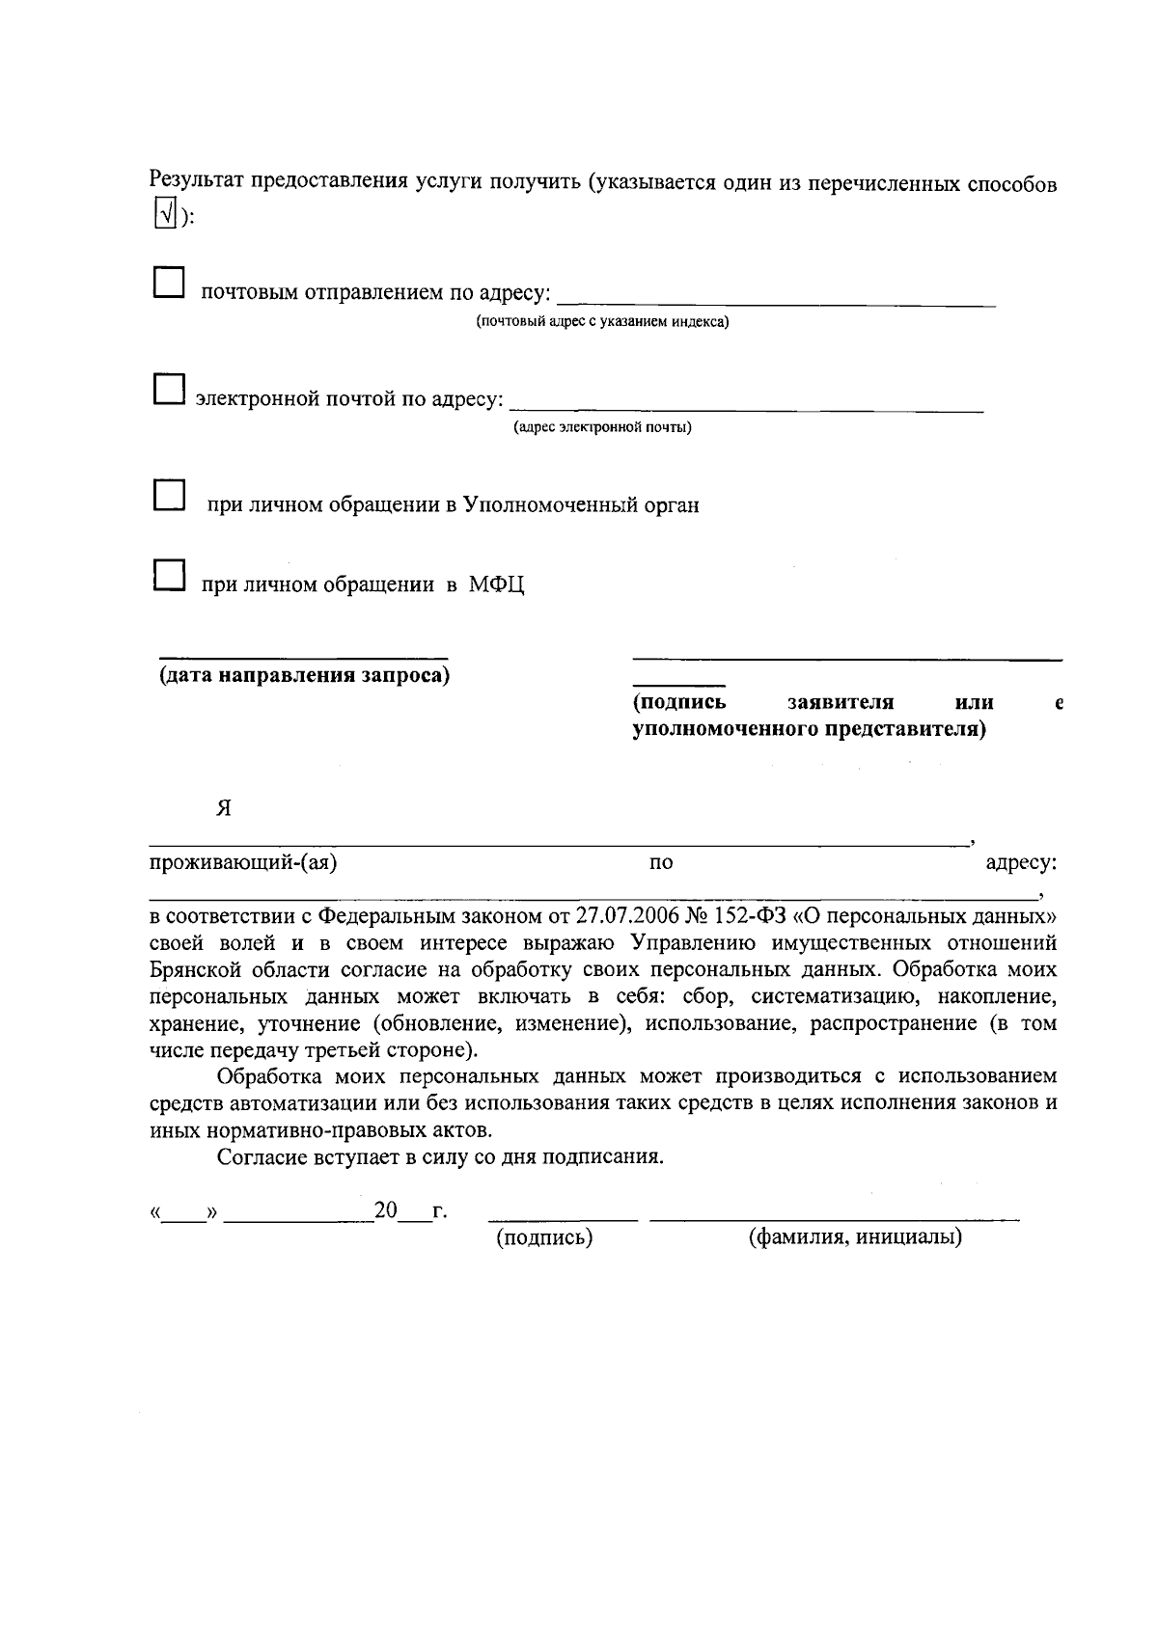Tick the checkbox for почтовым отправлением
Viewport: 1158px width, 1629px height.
(x=170, y=284)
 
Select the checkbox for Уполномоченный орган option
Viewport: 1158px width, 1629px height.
(x=170, y=496)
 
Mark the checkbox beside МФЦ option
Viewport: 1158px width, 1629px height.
(x=170, y=576)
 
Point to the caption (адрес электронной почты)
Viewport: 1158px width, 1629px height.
(x=602, y=427)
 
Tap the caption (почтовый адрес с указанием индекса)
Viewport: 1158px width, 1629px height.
(x=602, y=321)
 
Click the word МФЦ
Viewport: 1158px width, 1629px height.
(x=497, y=584)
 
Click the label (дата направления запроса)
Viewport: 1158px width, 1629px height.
(x=305, y=675)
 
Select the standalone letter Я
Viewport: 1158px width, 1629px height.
(x=224, y=808)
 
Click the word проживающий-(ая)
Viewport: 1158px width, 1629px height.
(x=243, y=862)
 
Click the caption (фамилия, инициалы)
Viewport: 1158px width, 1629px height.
(x=856, y=1237)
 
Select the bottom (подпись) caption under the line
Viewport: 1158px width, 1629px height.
(x=543, y=1237)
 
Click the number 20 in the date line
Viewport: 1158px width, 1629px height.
(x=386, y=1210)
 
